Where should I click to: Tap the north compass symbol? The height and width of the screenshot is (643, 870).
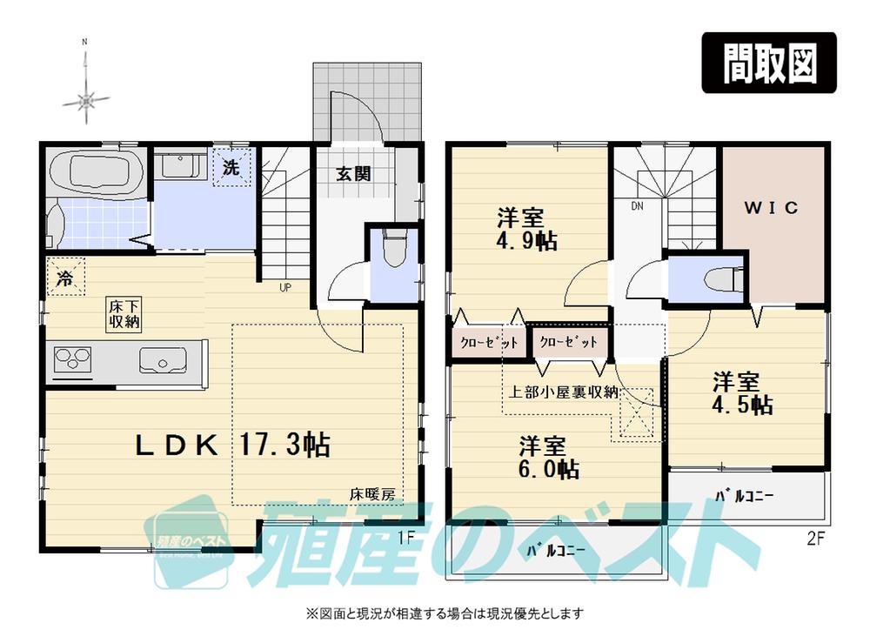(x=85, y=100)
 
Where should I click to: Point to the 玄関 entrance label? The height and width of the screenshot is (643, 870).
(x=354, y=173)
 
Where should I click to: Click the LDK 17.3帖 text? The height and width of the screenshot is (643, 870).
(x=231, y=445)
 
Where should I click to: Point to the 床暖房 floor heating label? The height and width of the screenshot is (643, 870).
(x=372, y=493)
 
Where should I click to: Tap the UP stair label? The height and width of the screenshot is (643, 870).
(x=284, y=287)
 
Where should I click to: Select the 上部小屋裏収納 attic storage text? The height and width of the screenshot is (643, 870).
(x=564, y=391)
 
